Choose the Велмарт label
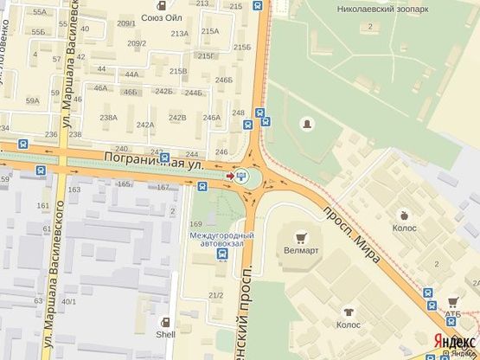301,250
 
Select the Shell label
165,334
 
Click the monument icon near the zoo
305,125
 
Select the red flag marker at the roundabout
229,177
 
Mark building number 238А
108,118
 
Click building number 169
196,225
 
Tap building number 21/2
215,296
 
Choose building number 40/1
69,302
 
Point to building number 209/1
126,23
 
